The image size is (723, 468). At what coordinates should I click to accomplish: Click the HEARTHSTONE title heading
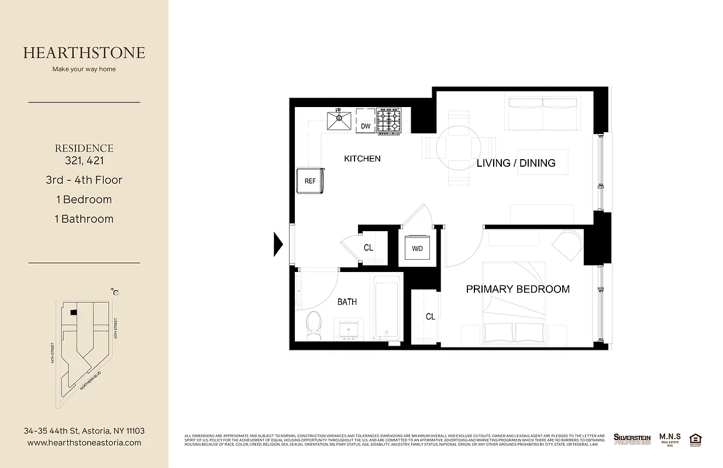point(84,53)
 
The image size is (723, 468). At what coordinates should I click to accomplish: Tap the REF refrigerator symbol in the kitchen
point(310,181)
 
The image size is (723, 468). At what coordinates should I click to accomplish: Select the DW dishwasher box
point(366,122)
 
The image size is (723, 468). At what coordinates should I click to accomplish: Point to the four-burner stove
point(389,121)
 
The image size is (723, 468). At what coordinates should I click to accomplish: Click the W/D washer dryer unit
point(418,248)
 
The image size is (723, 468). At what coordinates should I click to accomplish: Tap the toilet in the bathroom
point(314,325)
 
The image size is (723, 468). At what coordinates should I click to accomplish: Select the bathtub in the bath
point(387,308)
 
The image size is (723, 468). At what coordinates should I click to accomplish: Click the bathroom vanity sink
point(349,330)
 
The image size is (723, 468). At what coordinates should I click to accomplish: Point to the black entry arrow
point(278,244)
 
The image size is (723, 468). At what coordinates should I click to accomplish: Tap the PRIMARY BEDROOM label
point(518,289)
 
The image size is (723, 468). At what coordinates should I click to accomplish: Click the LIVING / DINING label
point(516,163)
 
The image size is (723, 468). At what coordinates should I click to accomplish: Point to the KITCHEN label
point(362,159)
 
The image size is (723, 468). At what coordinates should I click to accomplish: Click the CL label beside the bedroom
point(431,316)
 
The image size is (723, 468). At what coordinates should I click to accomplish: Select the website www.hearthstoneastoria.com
point(84,443)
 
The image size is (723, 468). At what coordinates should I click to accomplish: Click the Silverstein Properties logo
point(632,439)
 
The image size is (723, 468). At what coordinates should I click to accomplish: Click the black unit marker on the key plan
point(73,313)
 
